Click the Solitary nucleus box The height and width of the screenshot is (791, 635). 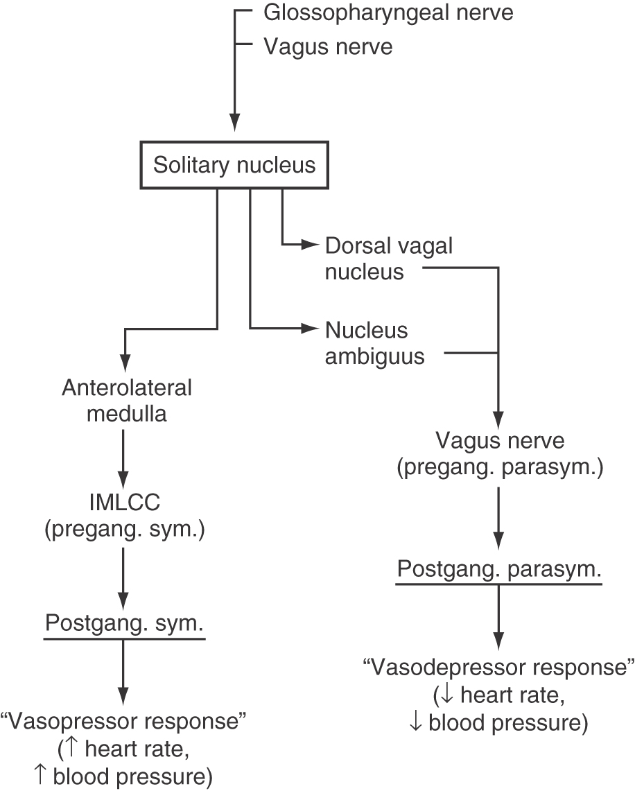[234, 166]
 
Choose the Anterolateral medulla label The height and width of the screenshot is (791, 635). [125, 401]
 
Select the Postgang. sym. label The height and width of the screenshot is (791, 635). [124, 624]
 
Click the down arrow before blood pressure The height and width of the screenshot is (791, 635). [416, 723]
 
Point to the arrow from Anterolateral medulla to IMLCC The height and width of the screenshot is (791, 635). [123, 458]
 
